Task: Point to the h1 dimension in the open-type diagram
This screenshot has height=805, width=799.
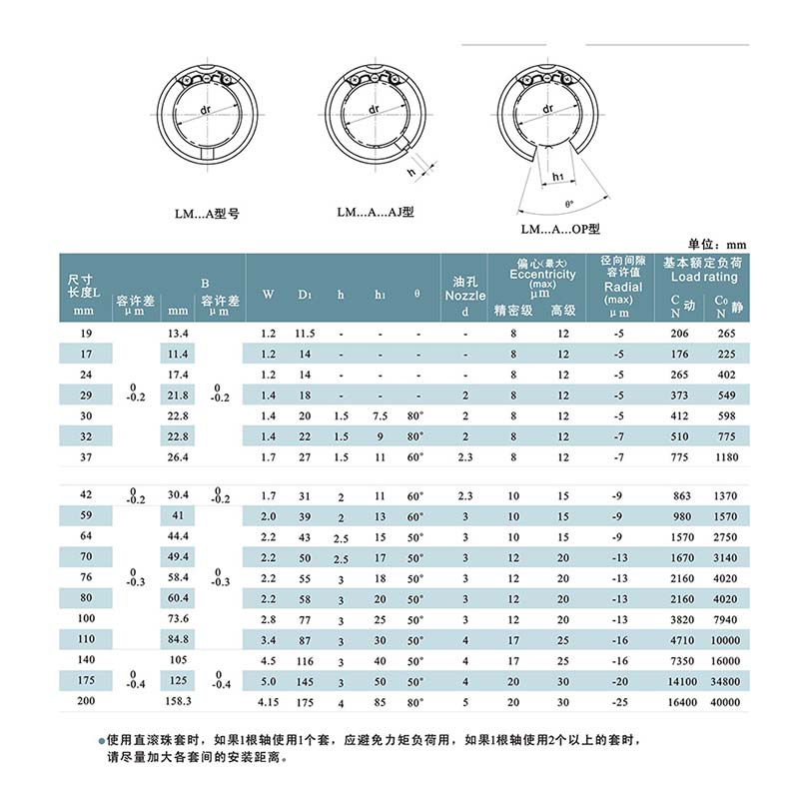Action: click(x=558, y=177)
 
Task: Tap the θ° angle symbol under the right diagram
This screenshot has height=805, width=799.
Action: click(x=569, y=204)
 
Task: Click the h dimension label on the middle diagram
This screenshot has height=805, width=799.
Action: click(x=410, y=172)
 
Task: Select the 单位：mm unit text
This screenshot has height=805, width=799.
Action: click(x=718, y=244)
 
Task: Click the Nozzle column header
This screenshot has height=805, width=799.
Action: click(x=464, y=296)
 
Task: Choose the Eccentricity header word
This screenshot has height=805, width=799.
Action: click(x=542, y=275)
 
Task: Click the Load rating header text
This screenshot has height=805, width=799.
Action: click(x=704, y=277)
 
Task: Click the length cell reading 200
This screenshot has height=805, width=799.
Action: click(x=84, y=703)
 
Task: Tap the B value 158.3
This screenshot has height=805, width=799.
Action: click(x=178, y=703)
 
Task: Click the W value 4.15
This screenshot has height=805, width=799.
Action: click(x=268, y=703)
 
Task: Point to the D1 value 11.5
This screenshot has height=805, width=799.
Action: click(x=306, y=333)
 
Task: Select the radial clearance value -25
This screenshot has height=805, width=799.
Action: click(x=618, y=703)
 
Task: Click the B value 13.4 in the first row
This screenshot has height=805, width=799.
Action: click(x=178, y=333)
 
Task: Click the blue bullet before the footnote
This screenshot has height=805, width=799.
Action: click(x=101, y=742)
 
